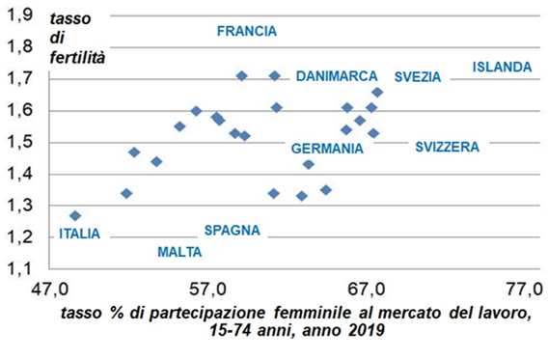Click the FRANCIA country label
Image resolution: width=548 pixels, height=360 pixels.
click(246, 31)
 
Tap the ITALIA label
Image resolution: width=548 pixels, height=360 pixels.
click(79, 234)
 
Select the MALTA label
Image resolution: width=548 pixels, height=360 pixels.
click(179, 252)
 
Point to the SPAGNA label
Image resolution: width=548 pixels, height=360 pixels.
click(232, 231)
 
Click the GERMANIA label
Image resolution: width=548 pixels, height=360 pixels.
click(327, 150)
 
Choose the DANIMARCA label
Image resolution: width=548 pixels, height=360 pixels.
click(337, 75)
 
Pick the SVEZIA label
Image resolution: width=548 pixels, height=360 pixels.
click(417, 76)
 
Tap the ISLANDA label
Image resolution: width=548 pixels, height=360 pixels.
click(502, 67)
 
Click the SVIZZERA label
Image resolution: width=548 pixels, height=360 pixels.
click(448, 147)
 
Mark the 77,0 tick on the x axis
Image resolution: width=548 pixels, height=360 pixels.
click(524, 289)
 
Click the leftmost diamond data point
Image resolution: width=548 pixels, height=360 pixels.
click(75, 216)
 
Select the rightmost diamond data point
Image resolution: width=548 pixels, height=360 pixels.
click(377, 93)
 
